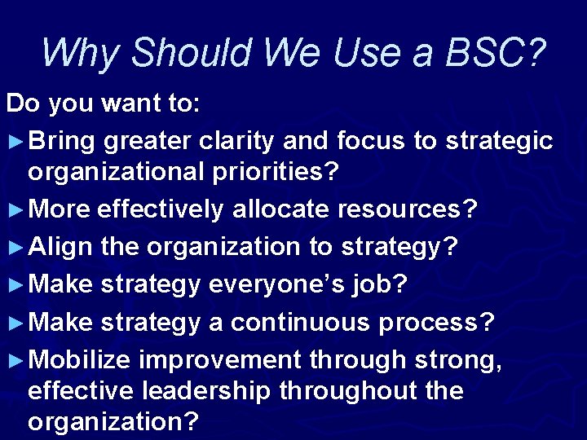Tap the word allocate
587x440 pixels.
[282, 209]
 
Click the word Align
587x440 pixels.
[61, 246]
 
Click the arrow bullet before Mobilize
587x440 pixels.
[15, 359]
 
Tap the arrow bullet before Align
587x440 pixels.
[15, 247]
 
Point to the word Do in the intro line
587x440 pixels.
[22, 103]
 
